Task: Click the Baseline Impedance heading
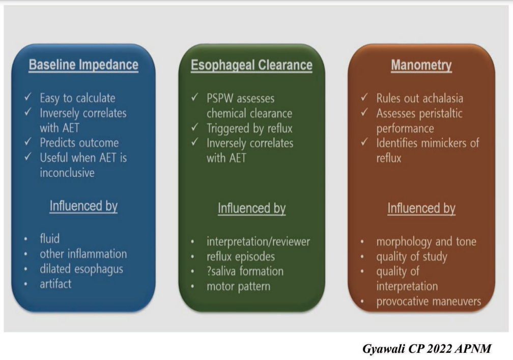83,65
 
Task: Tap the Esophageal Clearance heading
251,65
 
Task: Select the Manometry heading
421,65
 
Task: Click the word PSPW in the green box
220,98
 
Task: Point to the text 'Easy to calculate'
77,98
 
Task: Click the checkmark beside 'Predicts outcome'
28,142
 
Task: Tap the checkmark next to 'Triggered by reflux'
195,127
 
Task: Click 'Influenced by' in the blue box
83,206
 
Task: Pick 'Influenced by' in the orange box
421,208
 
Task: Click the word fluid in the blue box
50,238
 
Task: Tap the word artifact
55,284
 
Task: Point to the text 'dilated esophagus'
81,269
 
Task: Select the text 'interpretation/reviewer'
258,241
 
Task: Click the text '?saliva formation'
245,271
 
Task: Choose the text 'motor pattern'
239,286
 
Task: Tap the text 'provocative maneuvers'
429,301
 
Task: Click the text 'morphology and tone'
426,242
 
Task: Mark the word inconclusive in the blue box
67,173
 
